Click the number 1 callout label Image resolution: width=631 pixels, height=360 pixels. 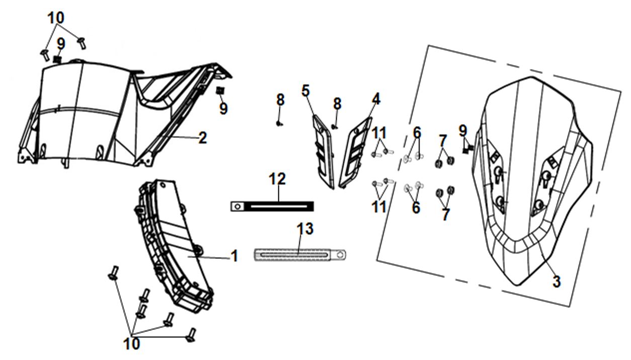tap(234, 256)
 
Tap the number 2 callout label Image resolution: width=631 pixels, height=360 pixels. tap(202, 137)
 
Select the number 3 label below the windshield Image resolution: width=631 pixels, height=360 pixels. tap(556, 282)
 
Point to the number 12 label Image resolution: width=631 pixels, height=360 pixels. tap(277, 179)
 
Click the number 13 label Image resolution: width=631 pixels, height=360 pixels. tap(305, 229)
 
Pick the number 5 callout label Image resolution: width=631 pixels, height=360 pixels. tap(306, 91)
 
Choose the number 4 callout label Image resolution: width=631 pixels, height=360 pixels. tap(375, 99)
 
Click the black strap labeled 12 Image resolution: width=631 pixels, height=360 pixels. tap(282, 206)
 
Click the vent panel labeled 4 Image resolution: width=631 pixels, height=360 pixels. tap(355, 151)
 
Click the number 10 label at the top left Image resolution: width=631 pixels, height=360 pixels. tap(56, 18)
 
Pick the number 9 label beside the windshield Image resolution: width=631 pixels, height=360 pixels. tap(463, 130)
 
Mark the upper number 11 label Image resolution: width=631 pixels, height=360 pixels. tap(379, 133)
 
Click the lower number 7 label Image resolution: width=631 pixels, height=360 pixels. tap(445, 214)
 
